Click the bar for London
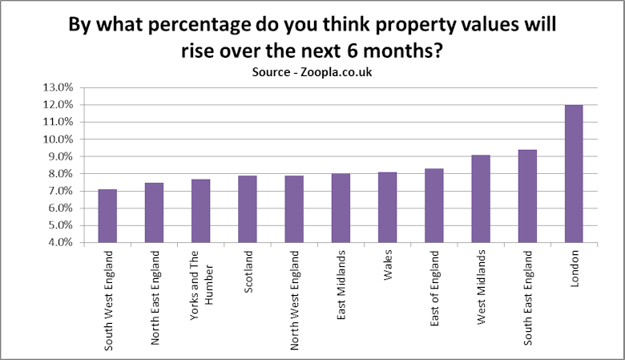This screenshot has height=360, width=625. tap(574, 173)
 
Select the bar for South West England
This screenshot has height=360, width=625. tap(107, 216)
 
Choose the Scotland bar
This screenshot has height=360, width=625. tap(247, 208)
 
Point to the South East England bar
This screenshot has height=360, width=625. tap(527, 196)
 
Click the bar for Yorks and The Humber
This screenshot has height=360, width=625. tap(200, 210)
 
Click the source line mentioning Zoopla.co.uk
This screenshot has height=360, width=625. tap(312, 72)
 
